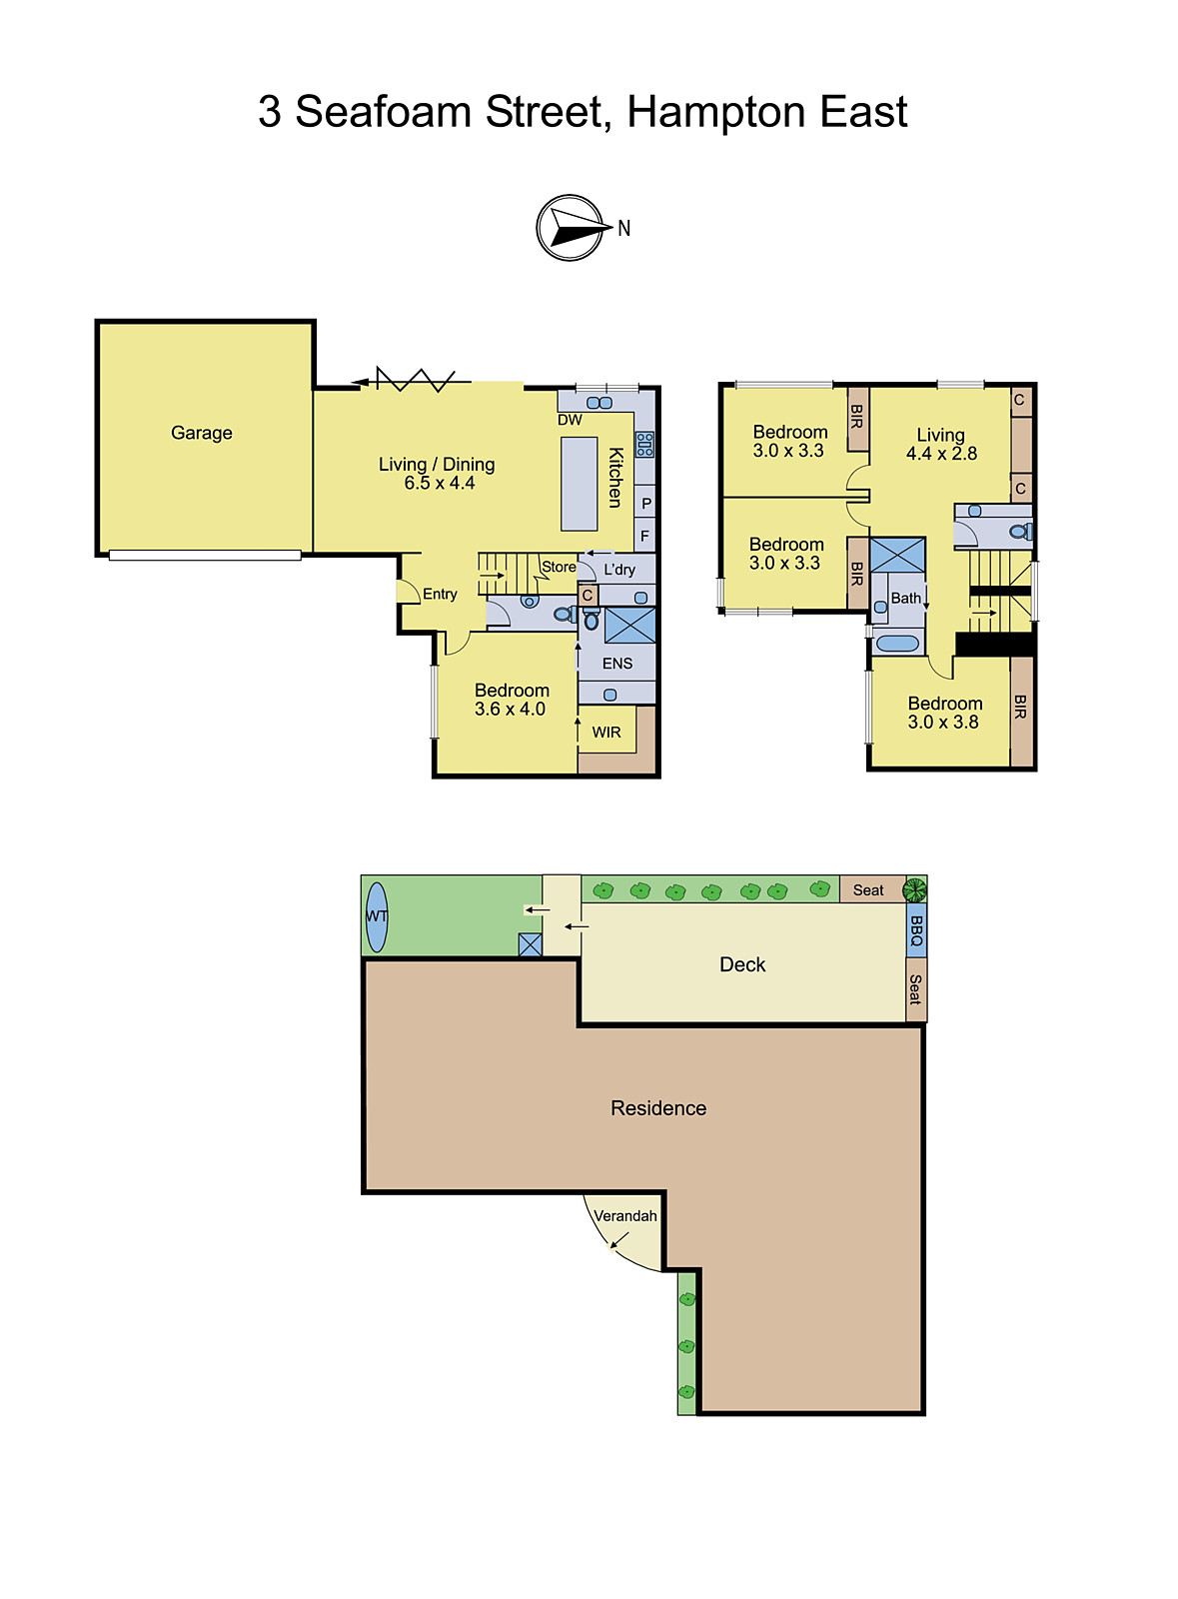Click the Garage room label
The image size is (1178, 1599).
[x=201, y=433]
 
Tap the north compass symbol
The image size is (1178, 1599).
[x=572, y=228]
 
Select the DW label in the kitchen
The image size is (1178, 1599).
[x=570, y=420]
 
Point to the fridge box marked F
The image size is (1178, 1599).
[x=644, y=536]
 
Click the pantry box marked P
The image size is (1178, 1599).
[x=645, y=503]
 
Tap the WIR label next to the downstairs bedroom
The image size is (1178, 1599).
[x=606, y=732]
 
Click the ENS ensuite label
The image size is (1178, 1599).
[x=617, y=663]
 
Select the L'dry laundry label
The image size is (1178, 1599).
[x=619, y=569]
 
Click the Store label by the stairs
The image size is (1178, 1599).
[x=559, y=567]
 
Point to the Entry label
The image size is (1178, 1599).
[x=440, y=594]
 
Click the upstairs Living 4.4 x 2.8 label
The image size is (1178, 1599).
[x=941, y=444]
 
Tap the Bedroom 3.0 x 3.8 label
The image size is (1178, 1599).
[x=944, y=713]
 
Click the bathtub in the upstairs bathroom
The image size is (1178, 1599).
[x=897, y=644]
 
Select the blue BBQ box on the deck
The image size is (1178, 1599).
[x=916, y=930]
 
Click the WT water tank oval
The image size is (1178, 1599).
[x=377, y=915]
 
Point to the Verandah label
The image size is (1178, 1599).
[x=625, y=1215]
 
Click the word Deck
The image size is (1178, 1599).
[x=742, y=964]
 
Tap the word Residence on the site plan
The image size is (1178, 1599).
[x=658, y=1107]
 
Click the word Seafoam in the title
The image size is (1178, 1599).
[x=384, y=112]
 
